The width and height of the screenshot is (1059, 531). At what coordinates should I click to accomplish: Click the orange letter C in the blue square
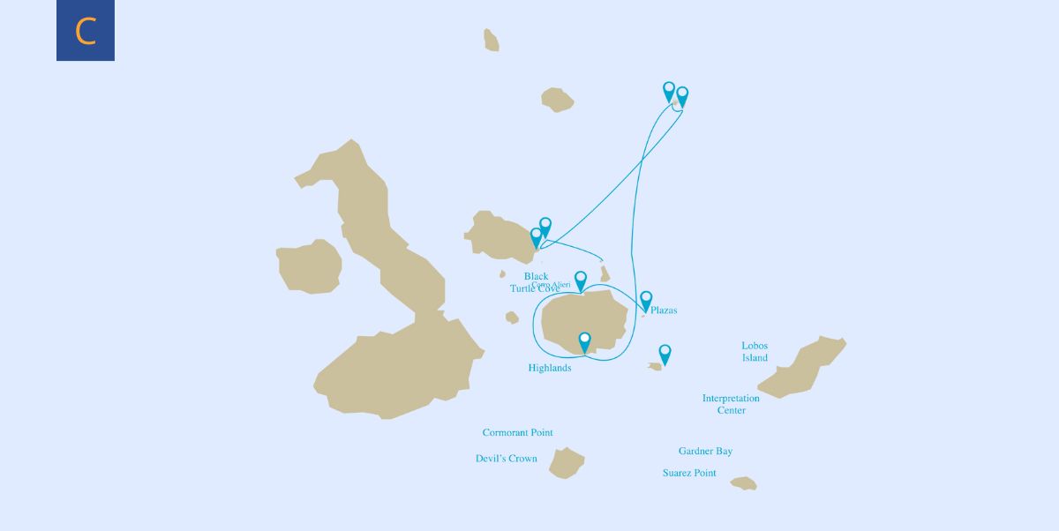click(x=86, y=31)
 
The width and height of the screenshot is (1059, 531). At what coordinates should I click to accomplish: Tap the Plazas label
click(x=664, y=310)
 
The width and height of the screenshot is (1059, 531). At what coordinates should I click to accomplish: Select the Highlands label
click(x=549, y=368)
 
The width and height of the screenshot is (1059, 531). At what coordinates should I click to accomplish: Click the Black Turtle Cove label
click(x=535, y=282)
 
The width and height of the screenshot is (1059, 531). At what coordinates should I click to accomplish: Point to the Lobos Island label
click(x=755, y=352)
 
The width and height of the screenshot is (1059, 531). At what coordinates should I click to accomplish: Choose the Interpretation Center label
click(x=731, y=404)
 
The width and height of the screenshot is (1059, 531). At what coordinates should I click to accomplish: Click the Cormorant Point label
click(x=517, y=433)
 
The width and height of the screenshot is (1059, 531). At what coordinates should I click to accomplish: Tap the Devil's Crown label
click(x=506, y=459)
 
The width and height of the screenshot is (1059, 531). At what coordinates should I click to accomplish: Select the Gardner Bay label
click(x=705, y=452)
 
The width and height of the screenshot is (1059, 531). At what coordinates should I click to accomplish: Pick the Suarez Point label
click(x=689, y=474)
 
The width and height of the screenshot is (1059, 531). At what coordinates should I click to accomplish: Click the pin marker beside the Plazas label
click(x=646, y=300)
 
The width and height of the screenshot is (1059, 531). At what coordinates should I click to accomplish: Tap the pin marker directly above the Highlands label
click(x=584, y=341)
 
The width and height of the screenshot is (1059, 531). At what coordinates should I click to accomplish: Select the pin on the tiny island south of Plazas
click(x=665, y=353)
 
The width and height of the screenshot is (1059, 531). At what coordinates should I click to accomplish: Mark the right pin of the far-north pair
click(x=681, y=95)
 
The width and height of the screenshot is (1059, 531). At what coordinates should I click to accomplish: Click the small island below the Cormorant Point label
click(x=566, y=462)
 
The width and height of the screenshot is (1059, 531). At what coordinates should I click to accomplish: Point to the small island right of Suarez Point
click(x=744, y=483)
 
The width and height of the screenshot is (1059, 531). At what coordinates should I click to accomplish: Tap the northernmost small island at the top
click(x=491, y=40)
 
